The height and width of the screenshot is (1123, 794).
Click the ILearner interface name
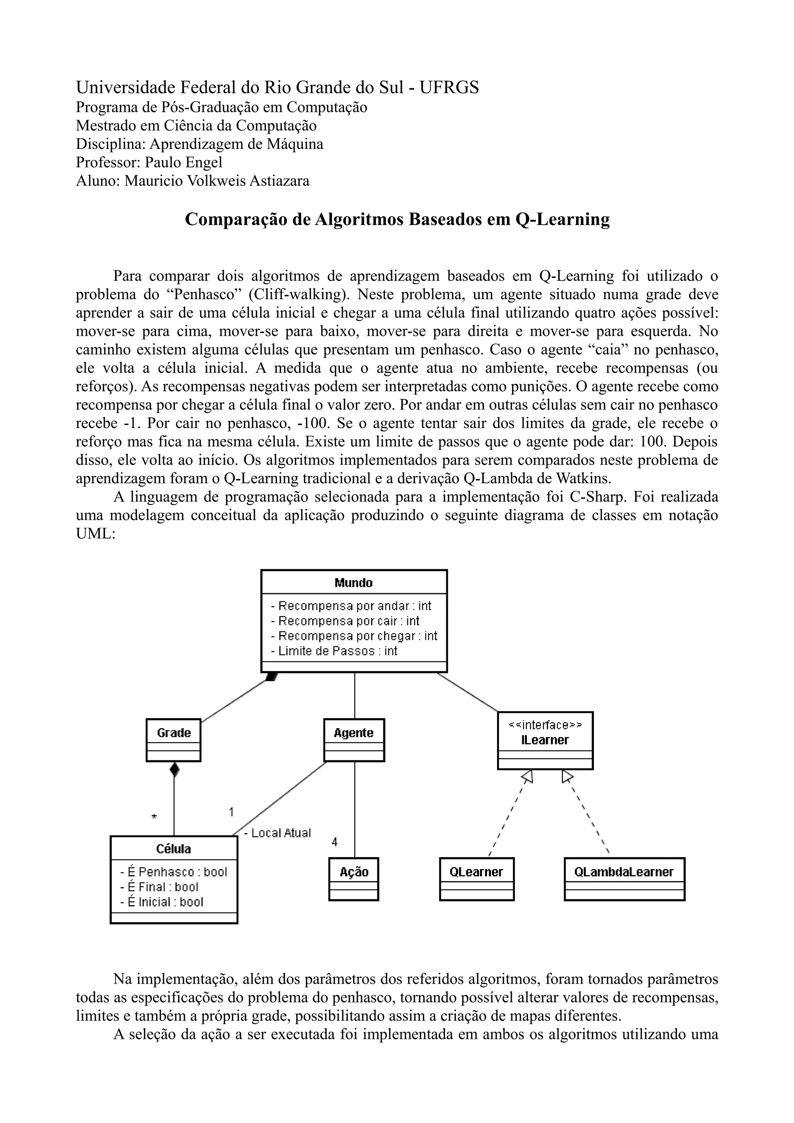click(545, 740)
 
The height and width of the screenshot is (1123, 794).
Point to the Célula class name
click(174, 849)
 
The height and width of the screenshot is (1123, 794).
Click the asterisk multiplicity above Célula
click(154, 817)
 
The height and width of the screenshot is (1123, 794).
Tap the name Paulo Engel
click(183, 162)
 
